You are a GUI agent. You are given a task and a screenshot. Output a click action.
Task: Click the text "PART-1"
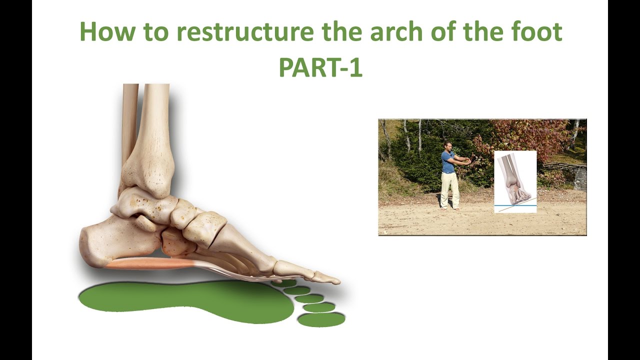click(x=320, y=67)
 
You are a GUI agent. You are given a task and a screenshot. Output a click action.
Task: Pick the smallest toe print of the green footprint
click(x=285, y=283)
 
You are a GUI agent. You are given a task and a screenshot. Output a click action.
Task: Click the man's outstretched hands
click(x=468, y=161)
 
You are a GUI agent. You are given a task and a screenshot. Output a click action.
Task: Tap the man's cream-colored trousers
click(x=449, y=189)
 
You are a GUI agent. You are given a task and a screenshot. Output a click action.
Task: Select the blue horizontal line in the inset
click(x=515, y=205)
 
